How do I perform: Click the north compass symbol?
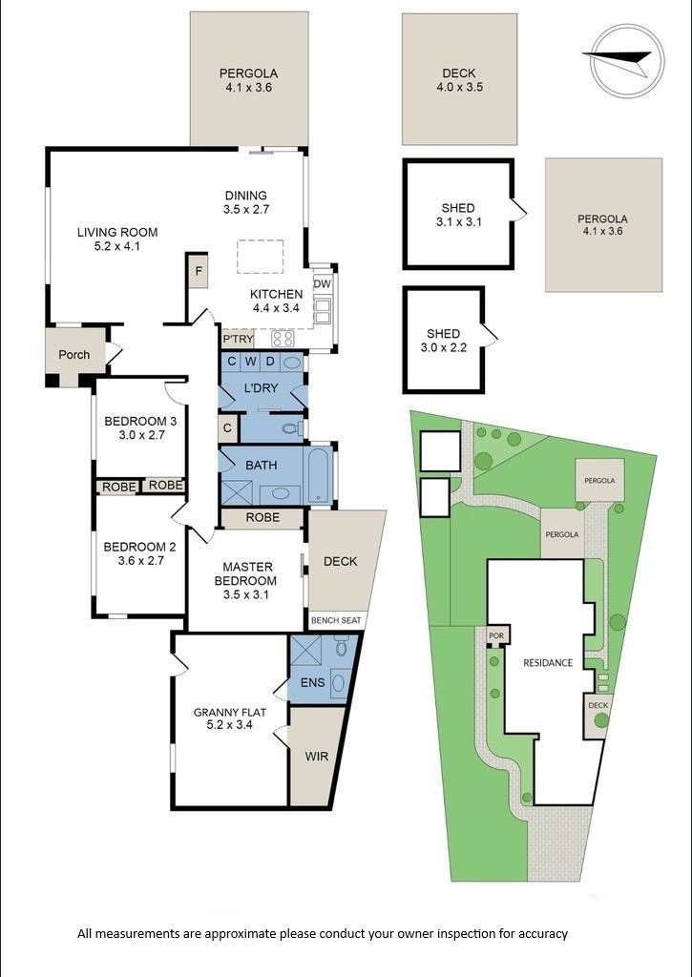point(627,60)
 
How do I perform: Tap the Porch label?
point(74,354)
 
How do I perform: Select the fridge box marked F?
point(198,270)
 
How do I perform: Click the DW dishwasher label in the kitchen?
point(322,283)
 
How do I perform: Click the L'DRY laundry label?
point(261,388)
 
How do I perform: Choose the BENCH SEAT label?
point(337,620)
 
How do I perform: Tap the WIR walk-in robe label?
point(317,757)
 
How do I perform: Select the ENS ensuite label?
point(312,682)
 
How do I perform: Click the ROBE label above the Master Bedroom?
point(262,518)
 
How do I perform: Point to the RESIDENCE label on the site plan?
point(548,662)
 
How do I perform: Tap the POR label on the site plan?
point(495,635)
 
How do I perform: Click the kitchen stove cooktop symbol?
point(283,338)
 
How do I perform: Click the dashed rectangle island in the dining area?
point(261,257)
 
